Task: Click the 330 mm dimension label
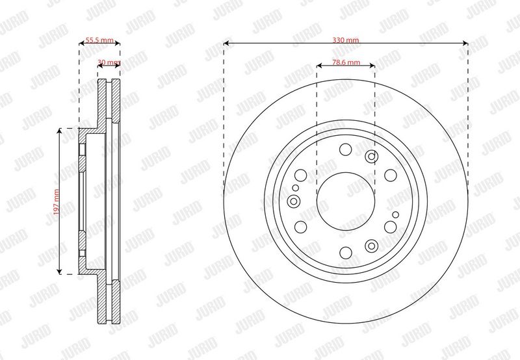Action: point(346,40)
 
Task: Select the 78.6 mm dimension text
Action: point(346,62)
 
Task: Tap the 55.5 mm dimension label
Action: point(99,40)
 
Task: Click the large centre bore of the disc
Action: point(346,201)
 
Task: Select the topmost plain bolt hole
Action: point(346,149)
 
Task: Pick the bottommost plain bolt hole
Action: point(346,253)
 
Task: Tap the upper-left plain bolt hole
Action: point(301,175)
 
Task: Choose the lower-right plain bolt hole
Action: point(391,227)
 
